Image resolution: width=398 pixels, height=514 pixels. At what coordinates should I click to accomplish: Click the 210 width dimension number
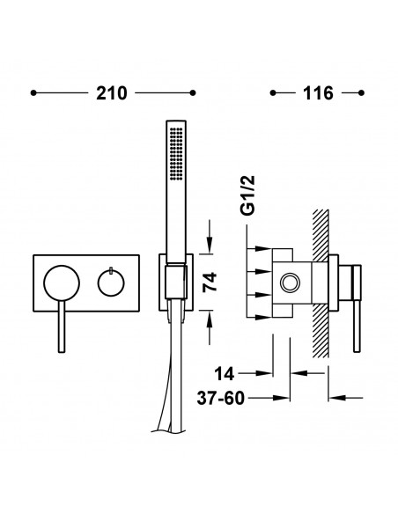112,93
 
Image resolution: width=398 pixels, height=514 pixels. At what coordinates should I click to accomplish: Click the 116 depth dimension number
318,93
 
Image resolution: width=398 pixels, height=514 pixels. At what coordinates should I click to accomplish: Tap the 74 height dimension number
210,282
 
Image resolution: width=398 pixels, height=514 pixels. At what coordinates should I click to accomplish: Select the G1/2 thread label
247,195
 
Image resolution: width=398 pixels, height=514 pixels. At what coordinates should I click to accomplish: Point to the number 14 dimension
225,373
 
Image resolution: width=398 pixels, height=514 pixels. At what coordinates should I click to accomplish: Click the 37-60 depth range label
221,399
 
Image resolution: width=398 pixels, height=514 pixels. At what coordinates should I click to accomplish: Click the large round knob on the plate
62,283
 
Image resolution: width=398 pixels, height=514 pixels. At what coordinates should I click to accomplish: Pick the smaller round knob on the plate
111,283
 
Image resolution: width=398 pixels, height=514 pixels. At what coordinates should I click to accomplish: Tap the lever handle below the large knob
62,327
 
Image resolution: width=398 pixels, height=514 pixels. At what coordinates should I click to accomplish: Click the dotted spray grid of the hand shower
176,153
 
